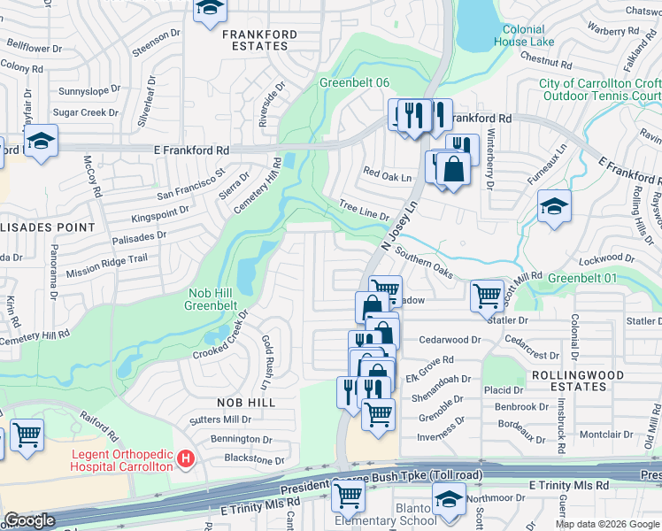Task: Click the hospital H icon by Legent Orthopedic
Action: (185, 458)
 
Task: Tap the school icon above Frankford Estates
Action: (210, 9)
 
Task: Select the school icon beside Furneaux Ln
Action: (554, 207)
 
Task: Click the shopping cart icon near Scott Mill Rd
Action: (487, 295)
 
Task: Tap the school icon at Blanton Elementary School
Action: (449, 499)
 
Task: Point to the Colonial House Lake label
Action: (524, 35)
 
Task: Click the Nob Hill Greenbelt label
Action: (211, 300)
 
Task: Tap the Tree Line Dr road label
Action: (365, 211)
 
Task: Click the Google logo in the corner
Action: (30, 520)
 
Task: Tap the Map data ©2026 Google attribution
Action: (607, 524)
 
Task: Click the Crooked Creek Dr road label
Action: (222, 335)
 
